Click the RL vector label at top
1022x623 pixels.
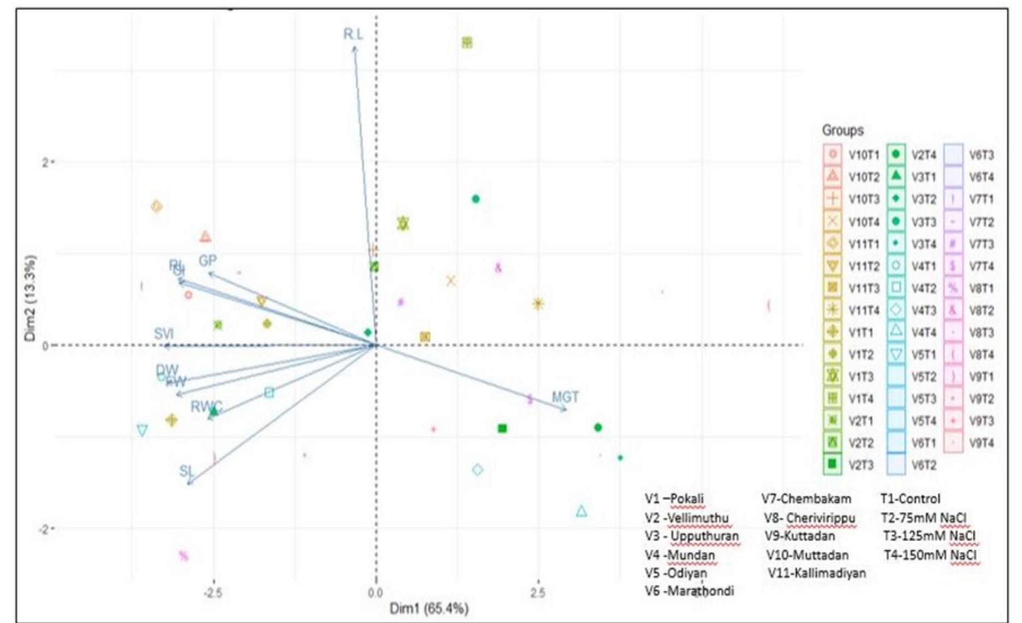[353, 34]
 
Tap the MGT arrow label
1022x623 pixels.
[565, 397]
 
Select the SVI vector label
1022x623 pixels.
[164, 334]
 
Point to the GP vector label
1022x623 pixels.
[208, 261]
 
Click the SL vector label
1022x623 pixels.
[186, 471]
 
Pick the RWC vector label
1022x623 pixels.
[206, 407]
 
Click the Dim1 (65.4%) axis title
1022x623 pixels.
[429, 608]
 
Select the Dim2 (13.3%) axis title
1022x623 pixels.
[31, 298]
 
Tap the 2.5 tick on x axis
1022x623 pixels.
[538, 593]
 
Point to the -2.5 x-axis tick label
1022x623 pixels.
[212, 593]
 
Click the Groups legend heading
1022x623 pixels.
[843, 131]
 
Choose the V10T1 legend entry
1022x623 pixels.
[864, 155]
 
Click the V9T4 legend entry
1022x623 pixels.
[982, 443]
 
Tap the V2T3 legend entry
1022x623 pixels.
[862, 465]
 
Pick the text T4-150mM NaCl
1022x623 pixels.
[930, 555]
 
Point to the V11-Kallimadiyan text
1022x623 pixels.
[817, 573]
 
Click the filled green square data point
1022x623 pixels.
[502, 428]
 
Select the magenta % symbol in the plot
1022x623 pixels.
[184, 556]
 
